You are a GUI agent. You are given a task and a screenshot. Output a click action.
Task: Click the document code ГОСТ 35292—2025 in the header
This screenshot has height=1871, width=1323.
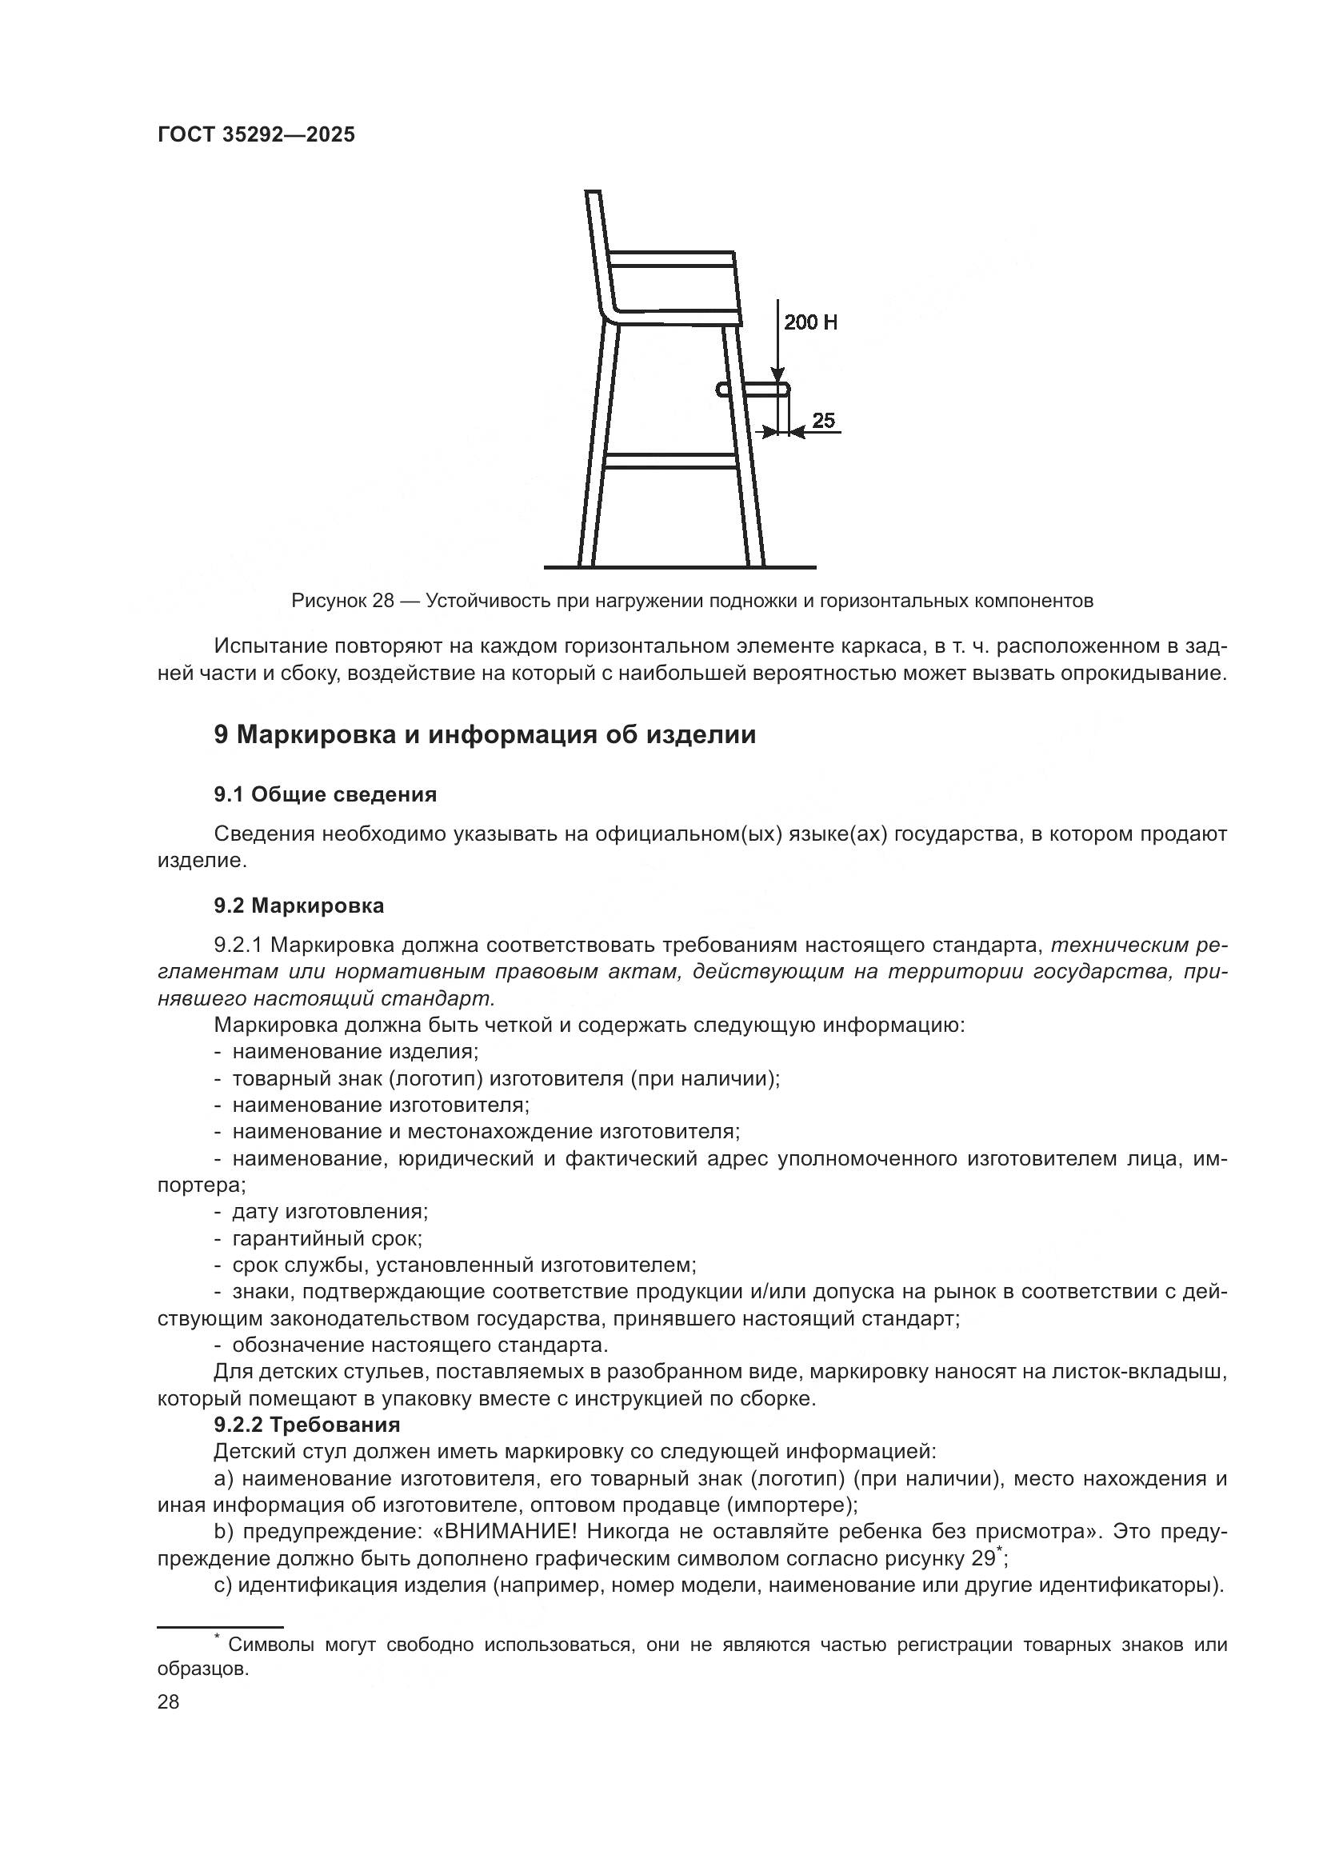point(256,135)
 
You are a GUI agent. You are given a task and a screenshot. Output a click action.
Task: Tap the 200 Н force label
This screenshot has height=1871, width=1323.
point(809,322)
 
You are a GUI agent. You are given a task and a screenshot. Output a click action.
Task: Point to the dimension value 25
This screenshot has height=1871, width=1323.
point(824,421)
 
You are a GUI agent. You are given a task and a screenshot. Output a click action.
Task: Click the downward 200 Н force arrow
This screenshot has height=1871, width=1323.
point(779,342)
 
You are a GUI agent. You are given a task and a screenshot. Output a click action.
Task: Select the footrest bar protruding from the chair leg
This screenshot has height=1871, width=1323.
point(753,390)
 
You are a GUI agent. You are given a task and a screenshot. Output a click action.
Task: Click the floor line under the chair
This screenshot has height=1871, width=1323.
point(679,566)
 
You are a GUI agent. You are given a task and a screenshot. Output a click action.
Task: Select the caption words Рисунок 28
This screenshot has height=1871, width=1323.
point(342,602)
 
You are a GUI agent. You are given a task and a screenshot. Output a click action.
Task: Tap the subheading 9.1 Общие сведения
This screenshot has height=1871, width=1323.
point(325,794)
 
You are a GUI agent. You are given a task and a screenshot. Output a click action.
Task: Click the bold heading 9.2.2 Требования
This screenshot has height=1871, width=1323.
point(307,1425)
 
